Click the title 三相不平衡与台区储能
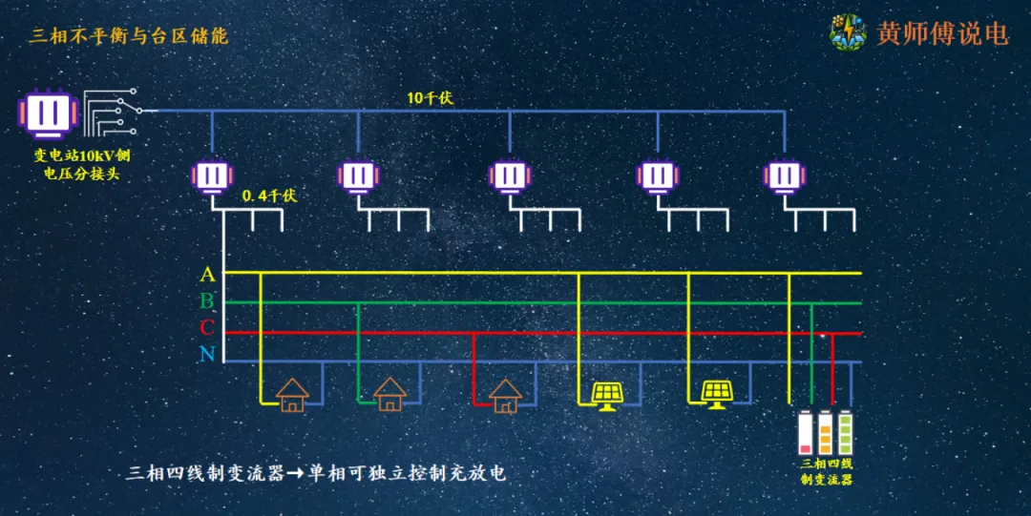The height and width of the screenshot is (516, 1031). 129,36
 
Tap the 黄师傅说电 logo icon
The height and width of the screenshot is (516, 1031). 848,31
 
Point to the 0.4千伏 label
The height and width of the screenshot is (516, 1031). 270,196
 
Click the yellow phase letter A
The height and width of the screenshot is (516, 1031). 207,275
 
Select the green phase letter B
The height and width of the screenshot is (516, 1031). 207,302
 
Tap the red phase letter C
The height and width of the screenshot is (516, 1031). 207,329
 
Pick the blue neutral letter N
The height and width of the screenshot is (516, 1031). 207,356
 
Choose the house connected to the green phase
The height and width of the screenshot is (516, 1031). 389,393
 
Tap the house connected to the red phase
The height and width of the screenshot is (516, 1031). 505,393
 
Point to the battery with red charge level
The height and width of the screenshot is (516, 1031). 805,433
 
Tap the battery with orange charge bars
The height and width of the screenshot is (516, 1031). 825,433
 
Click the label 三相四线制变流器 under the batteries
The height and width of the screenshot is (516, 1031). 826,472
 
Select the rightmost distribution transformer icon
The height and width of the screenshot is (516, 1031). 786,175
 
